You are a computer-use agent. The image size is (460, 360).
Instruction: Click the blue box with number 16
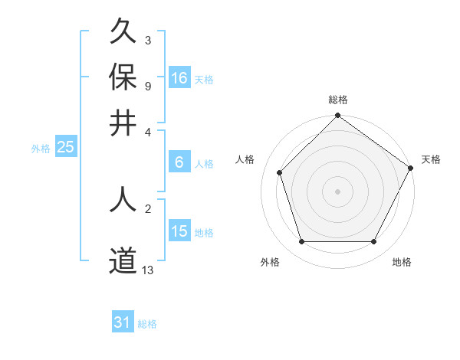pos(179,78)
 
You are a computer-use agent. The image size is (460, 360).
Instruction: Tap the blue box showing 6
pos(179,162)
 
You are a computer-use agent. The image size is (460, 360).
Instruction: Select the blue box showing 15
pos(179,231)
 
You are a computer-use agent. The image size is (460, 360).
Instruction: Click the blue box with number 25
pos(65,148)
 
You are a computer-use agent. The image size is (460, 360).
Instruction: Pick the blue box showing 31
pos(123,322)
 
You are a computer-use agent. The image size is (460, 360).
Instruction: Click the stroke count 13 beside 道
pos(148,269)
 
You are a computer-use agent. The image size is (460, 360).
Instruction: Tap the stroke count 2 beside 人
pos(147,208)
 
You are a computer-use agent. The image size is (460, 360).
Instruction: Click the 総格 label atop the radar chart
pos(337,100)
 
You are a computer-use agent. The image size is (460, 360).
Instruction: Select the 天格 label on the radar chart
pos(431,159)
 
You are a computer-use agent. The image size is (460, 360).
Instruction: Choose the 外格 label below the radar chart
pos(270,262)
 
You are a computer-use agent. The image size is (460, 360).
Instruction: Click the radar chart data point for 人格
pos(280,173)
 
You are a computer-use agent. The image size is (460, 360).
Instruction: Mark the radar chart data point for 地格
pos(373,242)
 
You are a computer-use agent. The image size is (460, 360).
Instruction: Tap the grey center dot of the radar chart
pos(337,191)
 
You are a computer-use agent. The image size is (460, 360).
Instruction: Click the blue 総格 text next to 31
pos(147,324)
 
